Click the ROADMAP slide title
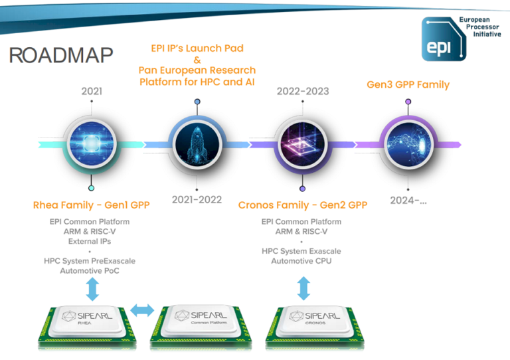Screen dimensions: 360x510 [61, 55]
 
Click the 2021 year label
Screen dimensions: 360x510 [92, 91]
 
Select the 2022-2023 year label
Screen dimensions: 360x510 [303, 91]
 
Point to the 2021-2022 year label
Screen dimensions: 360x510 [197, 199]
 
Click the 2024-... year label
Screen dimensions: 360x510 [408, 199]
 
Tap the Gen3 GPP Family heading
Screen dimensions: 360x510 [408, 84]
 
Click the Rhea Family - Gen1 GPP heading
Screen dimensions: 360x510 [92, 205]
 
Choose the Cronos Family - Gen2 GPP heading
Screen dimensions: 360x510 [303, 205]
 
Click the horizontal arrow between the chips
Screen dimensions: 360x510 [142, 310]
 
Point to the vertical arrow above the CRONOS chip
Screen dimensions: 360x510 [303, 288]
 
